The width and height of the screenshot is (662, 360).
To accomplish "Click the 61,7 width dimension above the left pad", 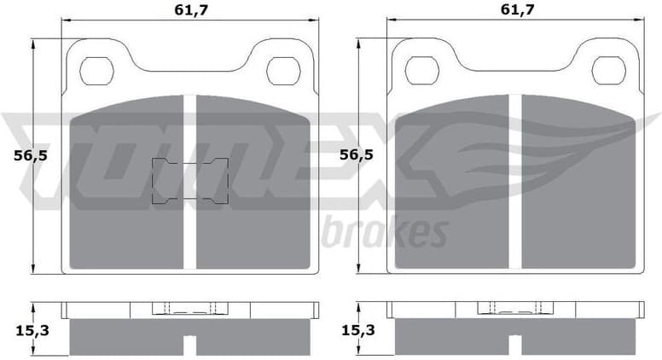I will [190, 9].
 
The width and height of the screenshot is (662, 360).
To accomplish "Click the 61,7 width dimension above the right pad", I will [516, 9].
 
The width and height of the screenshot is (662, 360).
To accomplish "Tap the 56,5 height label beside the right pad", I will [356, 155].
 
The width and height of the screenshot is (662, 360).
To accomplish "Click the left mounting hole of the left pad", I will [97, 70].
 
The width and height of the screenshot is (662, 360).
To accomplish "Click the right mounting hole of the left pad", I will [282, 70].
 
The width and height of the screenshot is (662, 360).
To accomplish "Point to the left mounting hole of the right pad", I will [422, 70].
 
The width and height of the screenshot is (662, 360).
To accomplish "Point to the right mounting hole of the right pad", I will [608, 70].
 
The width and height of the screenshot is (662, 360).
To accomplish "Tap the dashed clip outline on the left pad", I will [190, 182].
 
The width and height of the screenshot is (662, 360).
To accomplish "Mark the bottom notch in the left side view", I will [190, 346].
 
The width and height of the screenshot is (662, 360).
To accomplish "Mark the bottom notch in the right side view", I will [515, 346].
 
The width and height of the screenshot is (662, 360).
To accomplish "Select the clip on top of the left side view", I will [190, 309].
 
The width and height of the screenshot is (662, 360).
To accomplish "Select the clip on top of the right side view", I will [515, 309].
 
